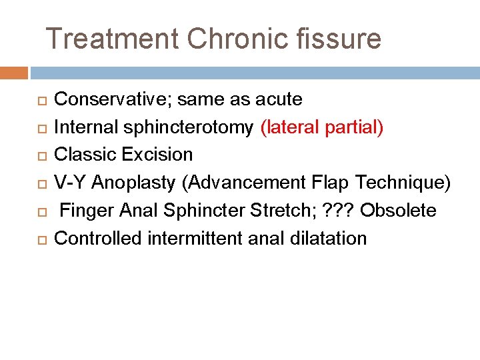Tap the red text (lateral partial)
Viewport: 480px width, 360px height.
(322, 127)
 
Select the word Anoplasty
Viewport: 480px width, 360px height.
(134, 183)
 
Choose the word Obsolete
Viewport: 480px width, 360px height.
(398, 211)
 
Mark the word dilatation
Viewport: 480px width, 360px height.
(330, 238)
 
